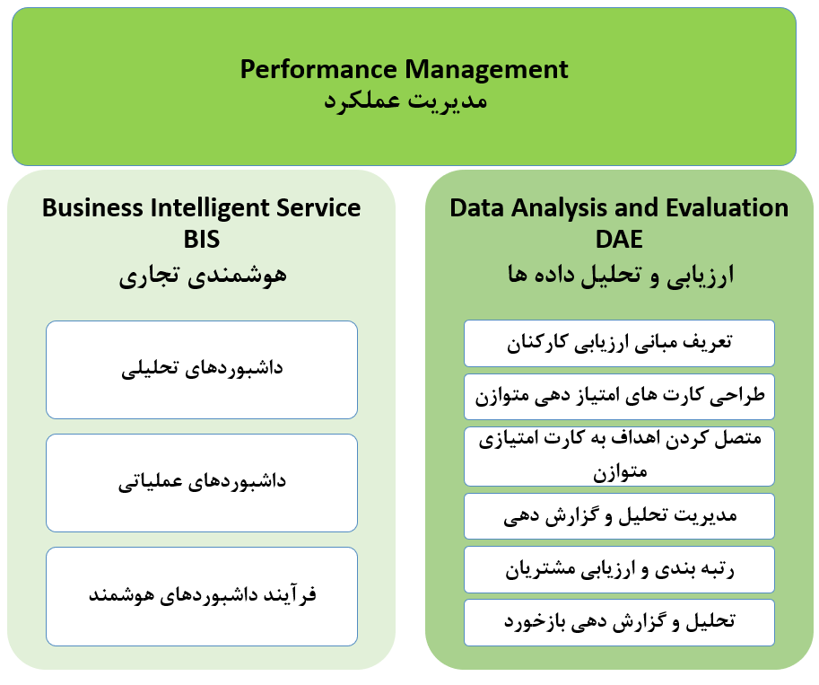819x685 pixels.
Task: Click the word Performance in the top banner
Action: [x=318, y=69]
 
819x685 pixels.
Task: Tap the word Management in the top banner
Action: [x=486, y=69]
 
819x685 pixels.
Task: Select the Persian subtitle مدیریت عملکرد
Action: [x=405, y=100]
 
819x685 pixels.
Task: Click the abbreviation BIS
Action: [x=202, y=240]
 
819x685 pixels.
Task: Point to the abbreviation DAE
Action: [x=619, y=240]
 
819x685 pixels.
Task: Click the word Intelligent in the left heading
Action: [x=211, y=208]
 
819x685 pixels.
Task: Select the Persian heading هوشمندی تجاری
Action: [x=203, y=276]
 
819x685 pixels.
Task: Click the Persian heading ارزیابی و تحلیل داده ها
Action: [x=621, y=275]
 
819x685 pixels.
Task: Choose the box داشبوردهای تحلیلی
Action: [x=202, y=370]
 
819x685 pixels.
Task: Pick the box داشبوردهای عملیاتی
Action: [x=202, y=483]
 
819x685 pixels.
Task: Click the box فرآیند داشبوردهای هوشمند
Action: [x=202, y=596]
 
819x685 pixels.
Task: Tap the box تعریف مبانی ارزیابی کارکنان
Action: [x=619, y=343]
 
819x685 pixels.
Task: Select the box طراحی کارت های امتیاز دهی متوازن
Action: [x=619, y=396]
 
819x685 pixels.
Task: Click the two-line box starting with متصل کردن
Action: [x=619, y=456]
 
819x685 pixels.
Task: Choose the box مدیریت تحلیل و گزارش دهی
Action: [x=619, y=516]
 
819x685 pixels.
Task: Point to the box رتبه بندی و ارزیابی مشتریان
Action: [x=619, y=569]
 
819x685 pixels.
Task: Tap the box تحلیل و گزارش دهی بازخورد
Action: [x=619, y=622]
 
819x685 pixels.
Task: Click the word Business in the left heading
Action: [x=92, y=207]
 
